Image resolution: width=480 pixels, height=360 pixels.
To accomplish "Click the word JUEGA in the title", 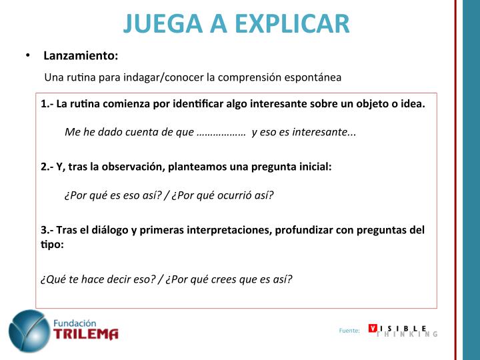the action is (163, 23).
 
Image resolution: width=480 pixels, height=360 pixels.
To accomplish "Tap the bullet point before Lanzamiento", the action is (28, 55).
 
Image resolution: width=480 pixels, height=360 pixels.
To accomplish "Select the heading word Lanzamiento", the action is (81, 56).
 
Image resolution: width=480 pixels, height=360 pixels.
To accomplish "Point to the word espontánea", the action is (313, 78).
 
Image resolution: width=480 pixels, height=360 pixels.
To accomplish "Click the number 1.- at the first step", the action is (47, 104).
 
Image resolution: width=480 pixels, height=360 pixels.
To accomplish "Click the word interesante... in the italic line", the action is (324, 132).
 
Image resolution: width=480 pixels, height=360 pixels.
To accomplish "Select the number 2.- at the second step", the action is (47, 167).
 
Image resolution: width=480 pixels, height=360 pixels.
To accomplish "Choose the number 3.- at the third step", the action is (47, 230).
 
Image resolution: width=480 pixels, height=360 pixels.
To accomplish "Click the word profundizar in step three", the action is (304, 231).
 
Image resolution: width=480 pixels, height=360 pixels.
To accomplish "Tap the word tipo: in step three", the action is (53, 245).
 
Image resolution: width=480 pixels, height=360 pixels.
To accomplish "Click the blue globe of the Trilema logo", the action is (29, 331).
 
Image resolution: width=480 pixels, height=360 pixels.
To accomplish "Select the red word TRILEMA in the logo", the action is (86, 334).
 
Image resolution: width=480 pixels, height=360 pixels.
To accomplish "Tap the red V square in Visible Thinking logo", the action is (373, 328).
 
